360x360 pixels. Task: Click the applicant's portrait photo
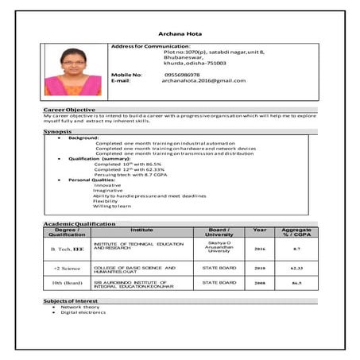(x=73, y=71)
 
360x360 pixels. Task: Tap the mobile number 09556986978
(x=182, y=74)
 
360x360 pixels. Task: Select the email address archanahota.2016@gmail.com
(x=203, y=80)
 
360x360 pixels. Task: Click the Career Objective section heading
(x=69, y=110)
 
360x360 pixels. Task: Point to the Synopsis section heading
(x=58, y=130)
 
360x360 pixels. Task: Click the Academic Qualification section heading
(x=79, y=223)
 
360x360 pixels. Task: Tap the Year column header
(x=259, y=229)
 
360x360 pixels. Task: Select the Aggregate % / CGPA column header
(x=296, y=231)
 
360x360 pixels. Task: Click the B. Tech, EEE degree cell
(x=67, y=249)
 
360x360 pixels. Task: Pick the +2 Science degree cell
(x=67, y=269)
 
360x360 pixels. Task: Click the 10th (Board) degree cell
(x=67, y=282)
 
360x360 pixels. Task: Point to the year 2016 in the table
(x=259, y=249)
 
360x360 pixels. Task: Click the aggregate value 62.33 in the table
(x=296, y=269)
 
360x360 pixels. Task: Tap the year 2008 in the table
(x=259, y=282)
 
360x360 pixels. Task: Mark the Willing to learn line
(x=112, y=207)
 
